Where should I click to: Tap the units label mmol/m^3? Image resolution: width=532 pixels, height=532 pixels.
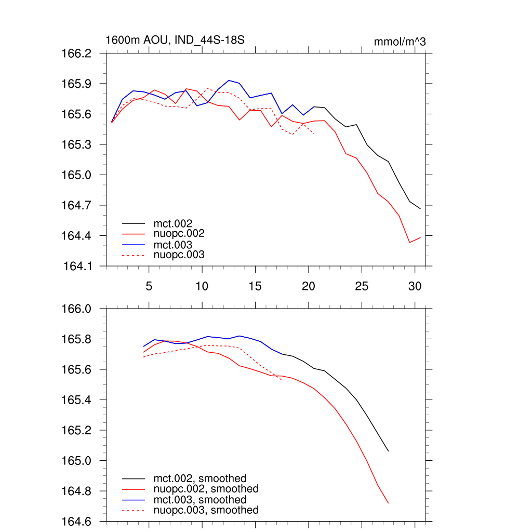[400, 42]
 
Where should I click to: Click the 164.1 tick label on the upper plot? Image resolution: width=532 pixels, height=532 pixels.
[77, 267]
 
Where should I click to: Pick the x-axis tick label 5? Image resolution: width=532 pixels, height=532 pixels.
[149, 286]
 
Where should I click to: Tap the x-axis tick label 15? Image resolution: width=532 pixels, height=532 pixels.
[255, 286]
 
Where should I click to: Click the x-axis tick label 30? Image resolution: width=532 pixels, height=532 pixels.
[414, 286]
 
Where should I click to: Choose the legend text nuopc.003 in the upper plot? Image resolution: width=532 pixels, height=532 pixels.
[179, 255]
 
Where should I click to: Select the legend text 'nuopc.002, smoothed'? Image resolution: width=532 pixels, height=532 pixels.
[206, 489]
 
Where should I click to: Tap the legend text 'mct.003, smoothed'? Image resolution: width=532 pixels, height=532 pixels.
[199, 500]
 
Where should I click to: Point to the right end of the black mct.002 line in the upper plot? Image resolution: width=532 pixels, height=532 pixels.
[420, 208]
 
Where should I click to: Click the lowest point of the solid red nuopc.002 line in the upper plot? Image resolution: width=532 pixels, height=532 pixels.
[409, 243]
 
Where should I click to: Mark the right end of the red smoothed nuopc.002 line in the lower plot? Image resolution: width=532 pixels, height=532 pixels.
[388, 503]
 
